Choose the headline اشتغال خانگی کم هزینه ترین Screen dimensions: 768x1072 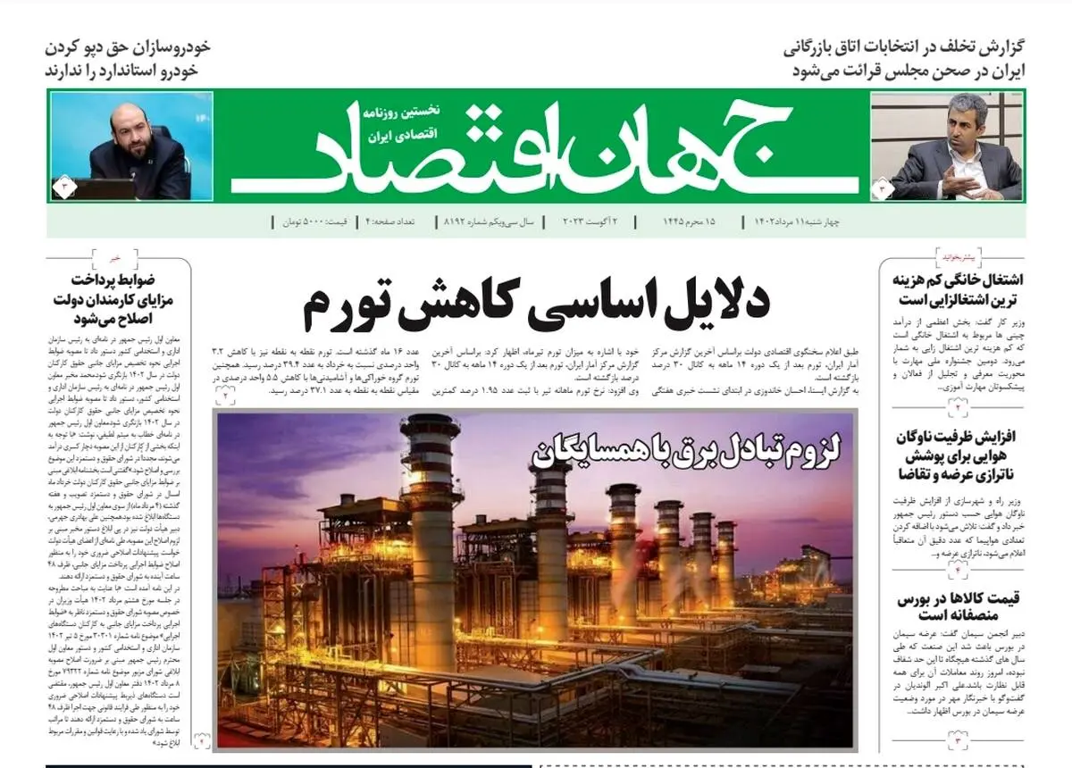957,288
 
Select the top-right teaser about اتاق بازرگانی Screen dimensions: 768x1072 902,58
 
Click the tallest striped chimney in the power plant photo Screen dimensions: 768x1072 431,518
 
